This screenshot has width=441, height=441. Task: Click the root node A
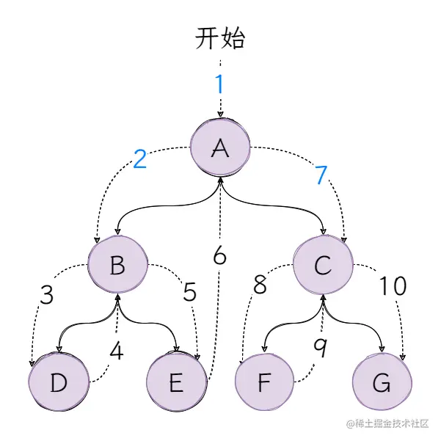220,147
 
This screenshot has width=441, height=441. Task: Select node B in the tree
117,265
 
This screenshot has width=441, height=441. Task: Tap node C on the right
323,265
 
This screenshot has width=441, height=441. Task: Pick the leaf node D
58,382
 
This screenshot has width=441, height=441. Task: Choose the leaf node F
264,382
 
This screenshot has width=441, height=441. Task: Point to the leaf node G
382,382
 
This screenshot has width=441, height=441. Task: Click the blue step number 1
219,84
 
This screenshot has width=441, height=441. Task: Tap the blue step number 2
140,158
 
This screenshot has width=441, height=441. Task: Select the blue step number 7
321,175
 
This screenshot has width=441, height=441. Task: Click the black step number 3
46,294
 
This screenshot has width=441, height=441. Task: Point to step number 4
116,351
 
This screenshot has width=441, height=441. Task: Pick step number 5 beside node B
189,292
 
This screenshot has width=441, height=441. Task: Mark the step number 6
219,256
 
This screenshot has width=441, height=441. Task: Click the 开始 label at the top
219,39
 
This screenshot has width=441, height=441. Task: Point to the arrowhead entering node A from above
220,114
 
